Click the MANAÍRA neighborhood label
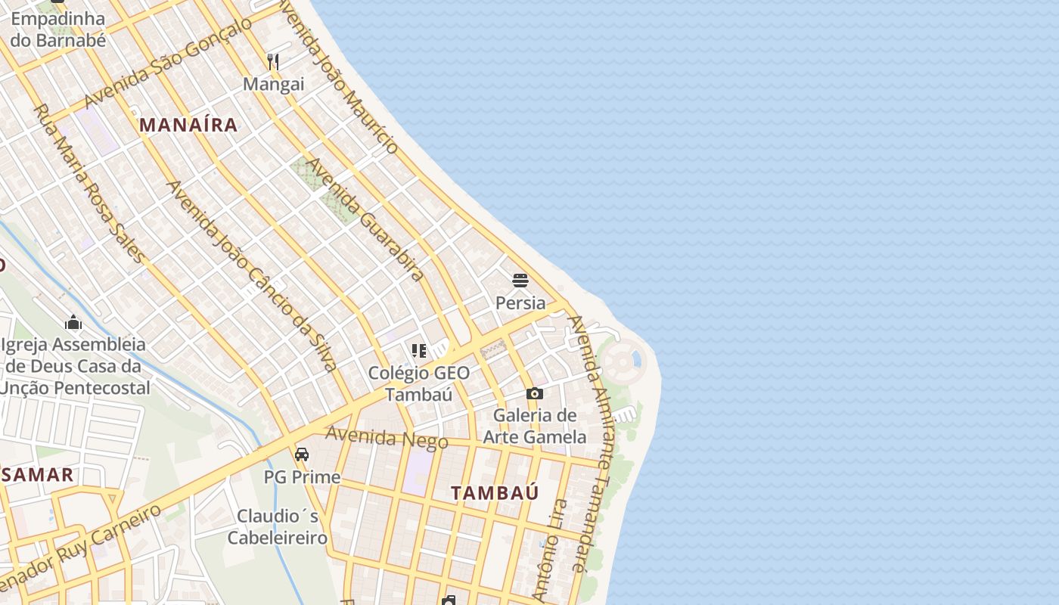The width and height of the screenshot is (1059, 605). (x=189, y=125)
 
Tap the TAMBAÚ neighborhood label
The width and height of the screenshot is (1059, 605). (x=495, y=493)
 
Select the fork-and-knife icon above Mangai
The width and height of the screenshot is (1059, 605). (x=273, y=62)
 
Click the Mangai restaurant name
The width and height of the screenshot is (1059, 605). (x=273, y=84)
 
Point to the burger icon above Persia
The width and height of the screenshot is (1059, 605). (x=520, y=281)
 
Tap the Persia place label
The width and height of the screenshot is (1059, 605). (x=520, y=303)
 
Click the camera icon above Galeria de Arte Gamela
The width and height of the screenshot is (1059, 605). (x=535, y=393)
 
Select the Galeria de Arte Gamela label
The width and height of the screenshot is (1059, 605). (x=535, y=426)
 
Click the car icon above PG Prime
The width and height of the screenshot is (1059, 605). (x=302, y=455)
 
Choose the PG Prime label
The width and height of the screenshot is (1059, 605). (x=302, y=477)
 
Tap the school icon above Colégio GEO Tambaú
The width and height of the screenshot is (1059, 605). (x=418, y=350)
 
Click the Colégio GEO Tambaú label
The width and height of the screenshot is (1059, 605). (x=418, y=383)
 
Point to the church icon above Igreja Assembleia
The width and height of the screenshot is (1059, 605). (x=73, y=323)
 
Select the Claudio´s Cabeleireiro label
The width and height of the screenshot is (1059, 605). (x=278, y=527)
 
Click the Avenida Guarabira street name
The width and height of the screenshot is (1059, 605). (x=365, y=219)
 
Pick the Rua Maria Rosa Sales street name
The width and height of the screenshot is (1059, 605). (x=88, y=183)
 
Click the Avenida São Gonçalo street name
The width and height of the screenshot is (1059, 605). (x=168, y=62)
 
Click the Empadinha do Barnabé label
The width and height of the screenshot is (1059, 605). (x=57, y=29)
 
